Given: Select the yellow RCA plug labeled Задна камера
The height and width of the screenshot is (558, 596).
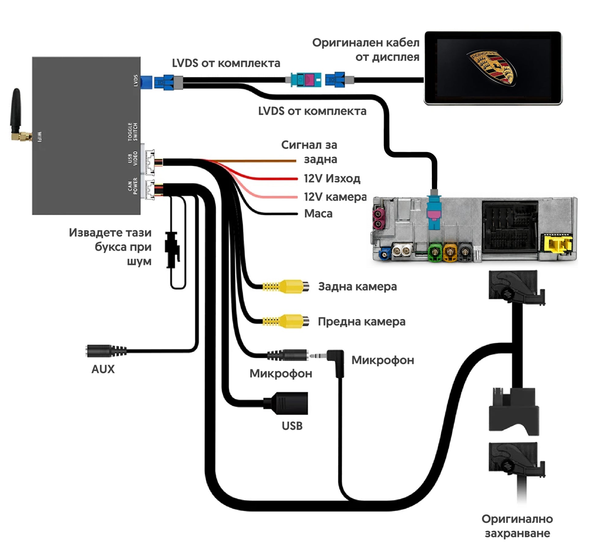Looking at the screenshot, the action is point(285,286).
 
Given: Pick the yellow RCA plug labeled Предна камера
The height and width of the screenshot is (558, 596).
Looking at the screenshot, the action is point(285,321).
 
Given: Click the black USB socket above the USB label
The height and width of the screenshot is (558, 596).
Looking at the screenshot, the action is point(286,403).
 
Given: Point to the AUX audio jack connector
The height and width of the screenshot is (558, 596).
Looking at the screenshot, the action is point(106,351).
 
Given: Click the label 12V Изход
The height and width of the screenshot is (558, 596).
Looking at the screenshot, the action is point(332,178).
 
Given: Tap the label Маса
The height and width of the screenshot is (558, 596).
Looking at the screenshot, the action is point(318,213).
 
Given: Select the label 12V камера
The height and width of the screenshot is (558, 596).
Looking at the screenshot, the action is point(335,197).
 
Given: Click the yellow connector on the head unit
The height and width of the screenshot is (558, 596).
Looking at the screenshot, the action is point(556,244).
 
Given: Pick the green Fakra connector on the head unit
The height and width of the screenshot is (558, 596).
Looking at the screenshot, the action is point(435,252).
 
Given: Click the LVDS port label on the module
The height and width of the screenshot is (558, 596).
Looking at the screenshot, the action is point(136,81).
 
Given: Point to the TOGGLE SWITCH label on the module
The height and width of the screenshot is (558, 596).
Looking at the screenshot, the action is point(133,132).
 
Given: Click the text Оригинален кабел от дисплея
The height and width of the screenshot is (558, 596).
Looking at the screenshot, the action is point(366,50).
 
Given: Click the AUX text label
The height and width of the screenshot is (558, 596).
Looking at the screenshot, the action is point(103,369).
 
